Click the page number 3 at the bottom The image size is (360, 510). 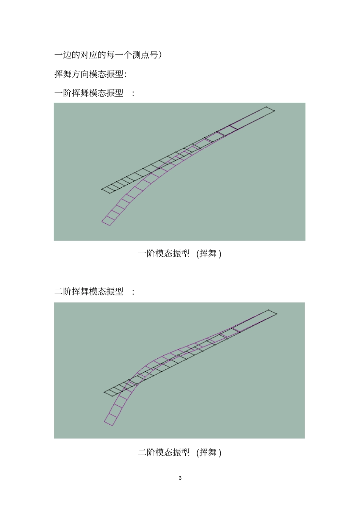[x=180, y=478]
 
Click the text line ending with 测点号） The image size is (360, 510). [x=108, y=55]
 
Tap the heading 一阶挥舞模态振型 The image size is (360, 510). [x=89, y=93]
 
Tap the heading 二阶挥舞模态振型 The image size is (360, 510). [x=89, y=291]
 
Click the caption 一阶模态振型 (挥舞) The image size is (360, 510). [x=179, y=253]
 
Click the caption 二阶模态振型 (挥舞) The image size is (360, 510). [x=179, y=452]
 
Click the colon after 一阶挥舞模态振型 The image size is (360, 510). [x=133, y=94]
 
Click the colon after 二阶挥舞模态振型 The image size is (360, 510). [x=133, y=292]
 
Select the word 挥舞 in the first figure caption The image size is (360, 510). [x=208, y=253]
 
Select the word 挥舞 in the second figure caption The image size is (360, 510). [x=208, y=452]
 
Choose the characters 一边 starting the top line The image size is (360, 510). [x=63, y=55]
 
